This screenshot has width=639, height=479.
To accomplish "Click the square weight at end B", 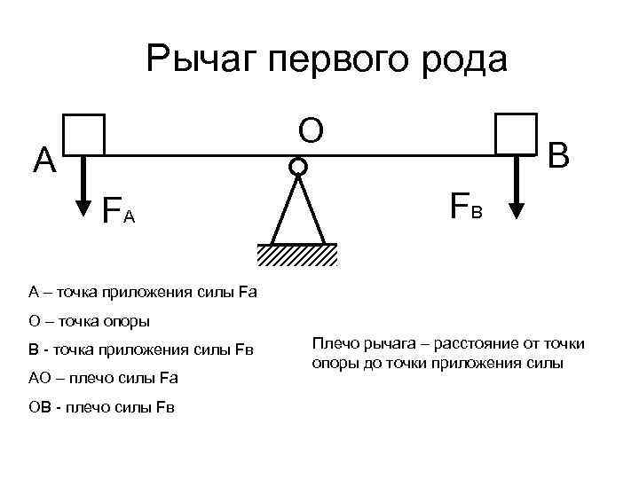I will (x=517, y=133).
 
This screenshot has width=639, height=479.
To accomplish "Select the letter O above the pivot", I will (x=310, y=130).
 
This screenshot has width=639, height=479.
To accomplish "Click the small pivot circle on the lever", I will (x=298, y=166).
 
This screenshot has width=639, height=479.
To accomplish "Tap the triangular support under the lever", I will (x=298, y=213).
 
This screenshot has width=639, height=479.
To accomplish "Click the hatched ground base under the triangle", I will (x=298, y=255).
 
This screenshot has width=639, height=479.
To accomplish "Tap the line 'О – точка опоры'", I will (x=89, y=320).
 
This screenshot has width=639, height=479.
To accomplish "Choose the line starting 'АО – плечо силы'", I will (x=103, y=378).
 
